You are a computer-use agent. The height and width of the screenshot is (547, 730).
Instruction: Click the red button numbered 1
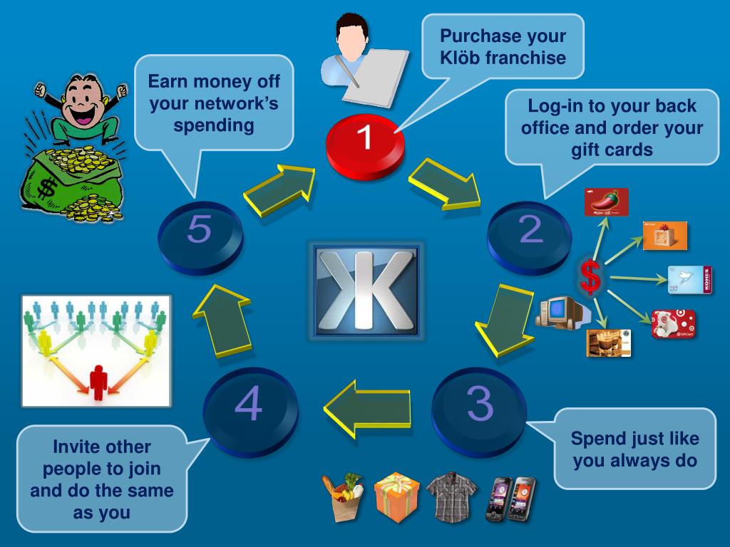pyautogui.click(x=364, y=142)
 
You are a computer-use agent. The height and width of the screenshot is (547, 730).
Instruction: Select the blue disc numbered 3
pyautogui.click(x=479, y=407)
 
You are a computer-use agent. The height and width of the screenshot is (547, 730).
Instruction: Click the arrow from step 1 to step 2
pyautogui.click(x=446, y=184)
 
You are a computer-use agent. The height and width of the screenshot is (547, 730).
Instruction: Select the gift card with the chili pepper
pyautogui.click(x=606, y=202)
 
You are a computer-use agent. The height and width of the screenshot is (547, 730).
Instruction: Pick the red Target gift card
pyautogui.click(x=673, y=324)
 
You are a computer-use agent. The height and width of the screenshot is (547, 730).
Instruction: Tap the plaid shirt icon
pyautogui.click(x=452, y=495)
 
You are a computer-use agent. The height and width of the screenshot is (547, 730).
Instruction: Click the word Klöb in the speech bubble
pyautogui.click(x=461, y=58)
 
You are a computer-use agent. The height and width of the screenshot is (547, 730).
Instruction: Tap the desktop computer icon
pyautogui.click(x=558, y=311)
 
